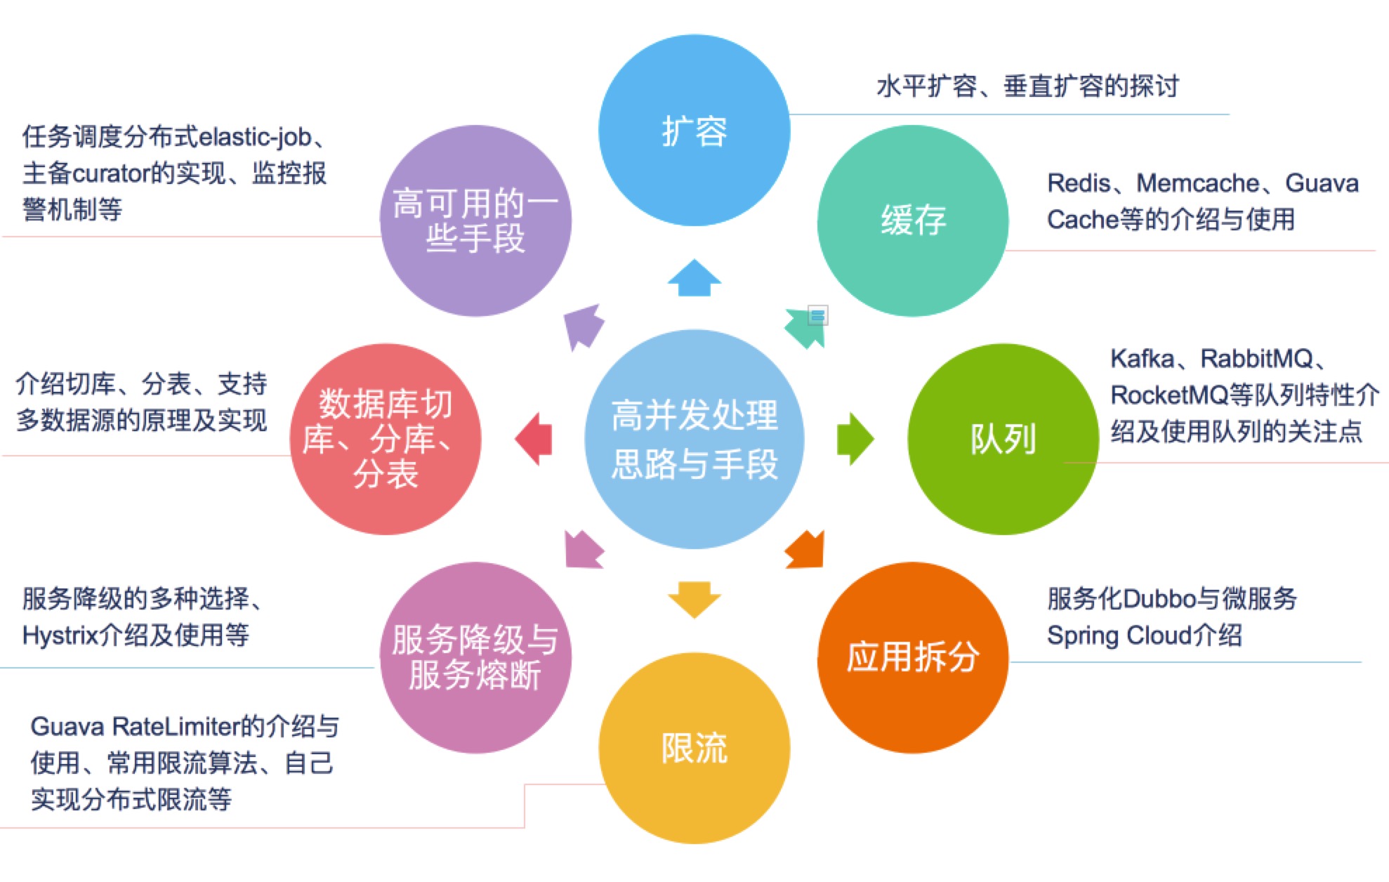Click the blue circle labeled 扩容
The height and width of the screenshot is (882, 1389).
pyautogui.click(x=694, y=131)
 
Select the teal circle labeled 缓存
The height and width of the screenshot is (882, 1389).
pyautogui.click(x=913, y=220)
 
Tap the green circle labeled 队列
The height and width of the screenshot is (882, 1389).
pyautogui.click(x=1003, y=439)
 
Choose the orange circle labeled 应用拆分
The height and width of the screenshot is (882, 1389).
pyautogui.click(x=913, y=657)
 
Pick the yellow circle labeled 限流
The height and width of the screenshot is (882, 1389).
pyautogui.click(x=694, y=748)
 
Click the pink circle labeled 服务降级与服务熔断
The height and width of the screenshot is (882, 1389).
pyautogui.click(x=475, y=657)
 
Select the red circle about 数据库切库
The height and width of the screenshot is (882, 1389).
pyautogui.click(x=386, y=439)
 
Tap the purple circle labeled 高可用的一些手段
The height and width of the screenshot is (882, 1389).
pyautogui.click(x=475, y=220)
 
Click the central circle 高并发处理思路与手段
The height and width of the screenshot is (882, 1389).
pyautogui.click(x=694, y=439)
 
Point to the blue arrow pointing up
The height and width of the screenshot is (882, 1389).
pyautogui.click(x=694, y=278)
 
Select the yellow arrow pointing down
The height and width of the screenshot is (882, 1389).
pyautogui.click(x=694, y=599)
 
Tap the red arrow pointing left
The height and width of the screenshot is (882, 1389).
pyautogui.click(x=534, y=439)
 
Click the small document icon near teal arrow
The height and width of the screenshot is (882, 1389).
pyautogui.click(x=817, y=315)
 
